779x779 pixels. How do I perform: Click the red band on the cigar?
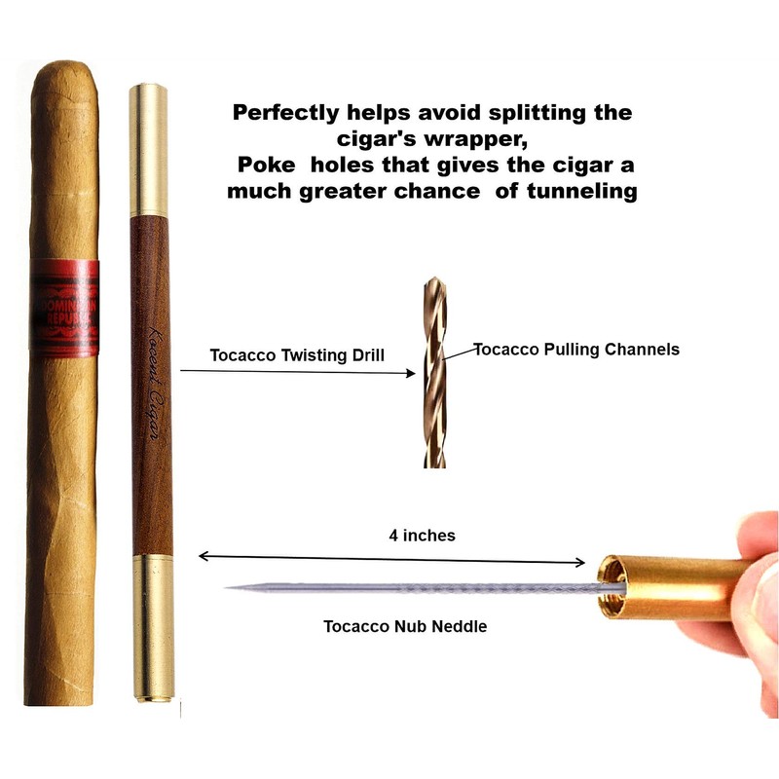pos(62,308)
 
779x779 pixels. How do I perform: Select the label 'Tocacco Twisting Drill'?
pos(297,355)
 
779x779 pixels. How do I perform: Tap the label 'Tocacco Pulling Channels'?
pos(575,349)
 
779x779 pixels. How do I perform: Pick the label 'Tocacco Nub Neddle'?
pos(405,626)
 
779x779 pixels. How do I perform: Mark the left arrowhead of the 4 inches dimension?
pos(203,556)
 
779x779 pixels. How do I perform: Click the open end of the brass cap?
pos(612,587)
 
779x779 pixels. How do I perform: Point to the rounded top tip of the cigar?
pos(64,70)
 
